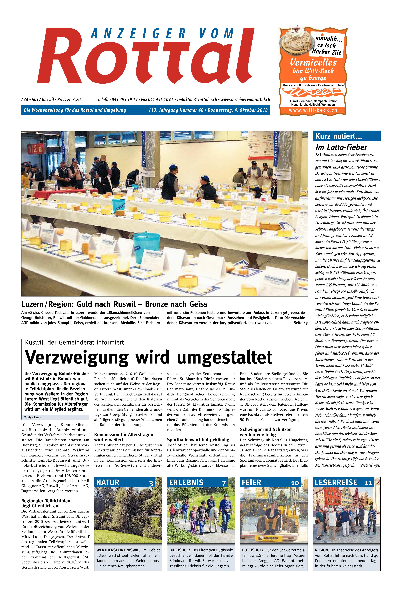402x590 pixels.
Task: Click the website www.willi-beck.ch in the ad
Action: pyautogui.click(x=313, y=110)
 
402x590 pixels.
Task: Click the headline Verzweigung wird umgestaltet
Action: pyautogui.click(x=149, y=357)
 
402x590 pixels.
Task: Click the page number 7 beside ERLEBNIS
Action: pyautogui.click(x=224, y=483)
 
